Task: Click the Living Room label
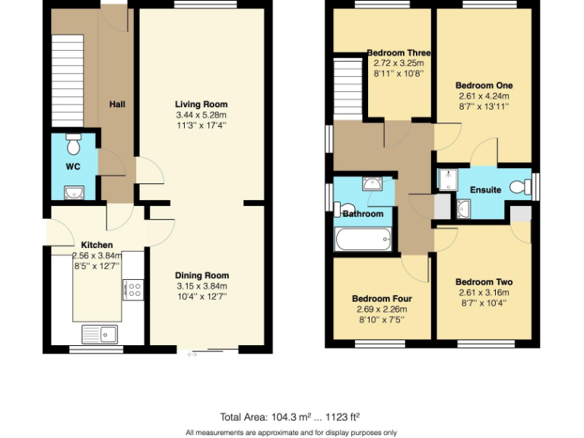tap(201, 104)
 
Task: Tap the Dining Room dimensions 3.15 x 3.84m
tap(202, 286)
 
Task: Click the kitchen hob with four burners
tap(133, 289)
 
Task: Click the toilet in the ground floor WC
tap(74, 144)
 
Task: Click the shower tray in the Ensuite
tap(449, 179)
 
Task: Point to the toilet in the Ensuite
tap(521, 186)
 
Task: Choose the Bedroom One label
tap(484, 85)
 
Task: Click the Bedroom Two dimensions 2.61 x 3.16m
tap(484, 293)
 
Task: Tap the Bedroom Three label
tap(398, 53)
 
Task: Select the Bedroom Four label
tap(381, 299)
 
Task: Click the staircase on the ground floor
tap(66, 73)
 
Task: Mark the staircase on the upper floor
tap(347, 90)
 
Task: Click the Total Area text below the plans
tap(290, 417)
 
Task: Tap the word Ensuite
tap(485, 189)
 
